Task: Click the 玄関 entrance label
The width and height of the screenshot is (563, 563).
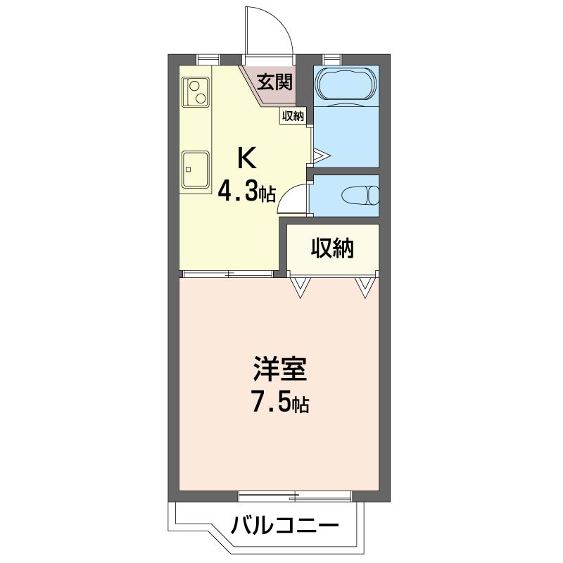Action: pos(274,82)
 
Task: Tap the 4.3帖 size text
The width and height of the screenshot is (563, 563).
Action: pos(246,191)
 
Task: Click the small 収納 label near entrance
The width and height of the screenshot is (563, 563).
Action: pos(293,117)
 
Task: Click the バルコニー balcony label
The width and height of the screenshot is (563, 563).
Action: pos(285,525)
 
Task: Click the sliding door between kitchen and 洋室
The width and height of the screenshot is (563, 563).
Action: pos(227,274)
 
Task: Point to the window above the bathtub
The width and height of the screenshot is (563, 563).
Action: pos(331,58)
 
